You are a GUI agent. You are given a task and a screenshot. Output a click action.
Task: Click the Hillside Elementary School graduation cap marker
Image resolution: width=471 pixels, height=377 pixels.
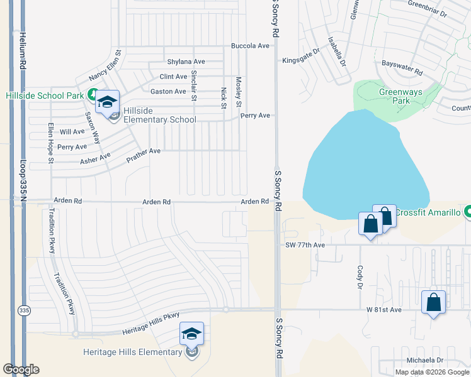click(108, 102)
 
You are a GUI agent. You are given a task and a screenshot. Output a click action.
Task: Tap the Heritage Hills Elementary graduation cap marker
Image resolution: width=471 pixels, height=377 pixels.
click(191, 334)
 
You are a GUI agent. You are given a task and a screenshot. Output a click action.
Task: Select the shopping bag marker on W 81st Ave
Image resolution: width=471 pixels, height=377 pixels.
click(433, 302)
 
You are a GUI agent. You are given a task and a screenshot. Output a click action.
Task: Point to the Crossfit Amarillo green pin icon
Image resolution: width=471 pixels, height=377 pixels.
click(467, 212)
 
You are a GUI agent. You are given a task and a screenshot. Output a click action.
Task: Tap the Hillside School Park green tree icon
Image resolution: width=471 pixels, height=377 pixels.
click(93, 96)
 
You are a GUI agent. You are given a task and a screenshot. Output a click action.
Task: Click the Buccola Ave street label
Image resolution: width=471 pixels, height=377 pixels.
click(250, 46)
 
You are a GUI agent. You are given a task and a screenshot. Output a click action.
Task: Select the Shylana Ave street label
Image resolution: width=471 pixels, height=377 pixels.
click(186, 62)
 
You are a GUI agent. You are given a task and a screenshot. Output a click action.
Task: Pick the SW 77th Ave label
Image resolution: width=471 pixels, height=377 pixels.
click(305, 244)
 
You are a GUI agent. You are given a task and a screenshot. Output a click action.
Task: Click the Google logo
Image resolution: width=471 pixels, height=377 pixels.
click(21, 369)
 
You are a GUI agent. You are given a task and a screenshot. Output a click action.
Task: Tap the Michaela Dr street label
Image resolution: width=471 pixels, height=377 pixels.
click(425, 360)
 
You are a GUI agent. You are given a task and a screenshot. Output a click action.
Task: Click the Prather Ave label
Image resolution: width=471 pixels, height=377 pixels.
click(144, 152)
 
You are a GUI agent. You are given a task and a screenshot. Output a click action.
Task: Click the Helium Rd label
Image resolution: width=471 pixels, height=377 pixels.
click(23, 50)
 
